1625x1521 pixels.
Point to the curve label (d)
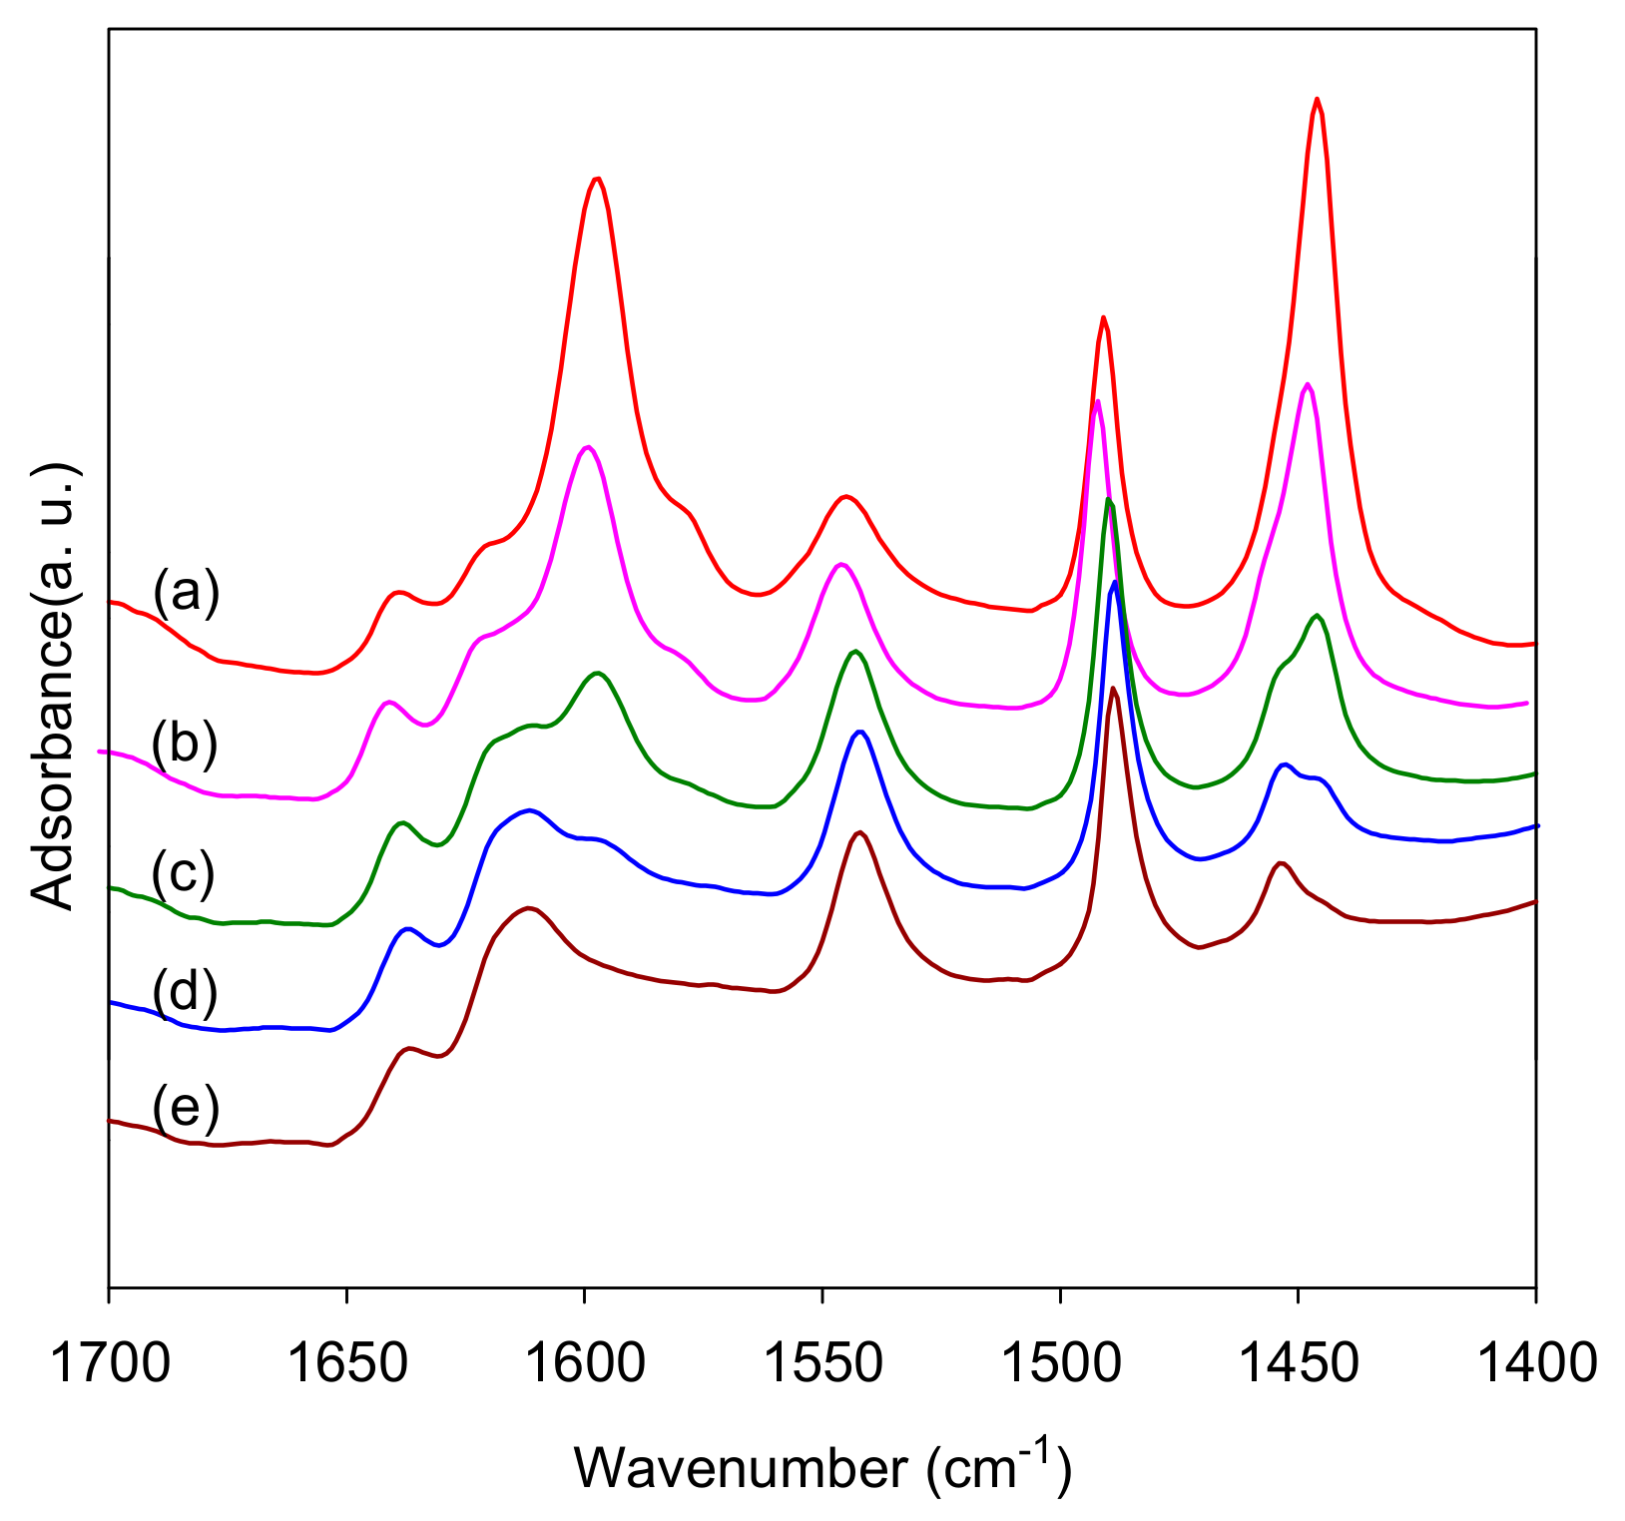[185, 992]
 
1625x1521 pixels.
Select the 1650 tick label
[346, 1362]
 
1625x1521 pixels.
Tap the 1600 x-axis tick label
[584, 1362]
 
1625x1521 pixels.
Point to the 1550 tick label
[821, 1362]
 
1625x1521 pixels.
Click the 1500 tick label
[1060, 1362]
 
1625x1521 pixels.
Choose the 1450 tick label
[1298, 1362]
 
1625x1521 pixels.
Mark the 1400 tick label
[1535, 1362]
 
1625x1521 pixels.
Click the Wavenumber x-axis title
[822, 1468]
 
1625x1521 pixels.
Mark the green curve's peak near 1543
[854, 652]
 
